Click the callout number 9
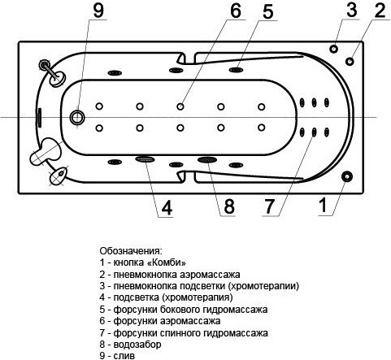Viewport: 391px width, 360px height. pos(98,11)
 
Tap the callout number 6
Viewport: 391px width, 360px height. pos(235,11)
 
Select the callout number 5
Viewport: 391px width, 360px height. pos(267,11)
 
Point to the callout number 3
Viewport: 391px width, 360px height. pos(351,10)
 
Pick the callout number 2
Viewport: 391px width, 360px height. pos(380,11)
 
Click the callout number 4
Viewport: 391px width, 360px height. pos(167,208)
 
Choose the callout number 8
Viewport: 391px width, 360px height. pos(229,206)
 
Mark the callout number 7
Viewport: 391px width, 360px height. pos(269,206)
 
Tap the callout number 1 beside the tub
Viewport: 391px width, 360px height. pos(324,205)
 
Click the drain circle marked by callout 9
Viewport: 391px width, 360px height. pos(77,118)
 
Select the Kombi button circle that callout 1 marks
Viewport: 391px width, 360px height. pos(346,176)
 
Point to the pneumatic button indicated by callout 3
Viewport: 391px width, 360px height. pos(334,49)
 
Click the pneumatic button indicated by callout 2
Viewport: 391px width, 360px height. pos(350,61)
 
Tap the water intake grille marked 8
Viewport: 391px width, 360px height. pos(207,160)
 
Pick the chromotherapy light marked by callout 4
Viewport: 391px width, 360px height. pos(146,159)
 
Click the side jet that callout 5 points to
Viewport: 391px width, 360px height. pos(236,70)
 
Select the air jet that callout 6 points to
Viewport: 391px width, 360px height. pos(180,106)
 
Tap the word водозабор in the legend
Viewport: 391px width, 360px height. pos(137,345)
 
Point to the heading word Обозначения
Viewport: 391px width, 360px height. pos(131,251)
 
